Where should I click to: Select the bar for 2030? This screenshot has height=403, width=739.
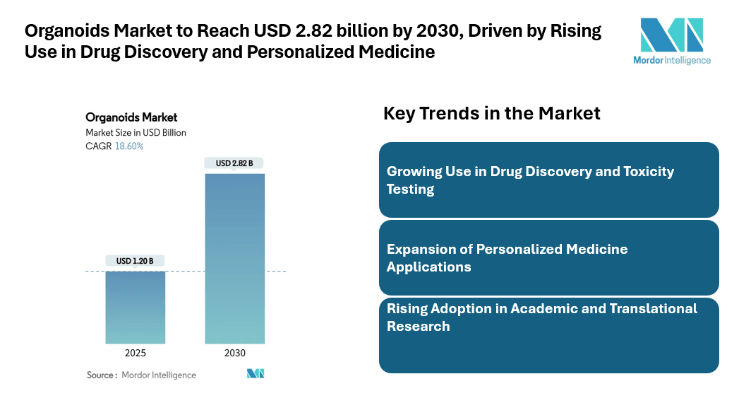(x=234, y=258)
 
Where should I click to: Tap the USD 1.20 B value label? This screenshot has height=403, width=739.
(x=135, y=261)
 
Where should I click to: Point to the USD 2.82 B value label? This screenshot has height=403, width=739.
(x=234, y=163)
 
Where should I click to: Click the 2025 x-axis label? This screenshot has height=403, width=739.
(x=135, y=354)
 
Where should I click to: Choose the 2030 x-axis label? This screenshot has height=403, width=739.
(x=234, y=354)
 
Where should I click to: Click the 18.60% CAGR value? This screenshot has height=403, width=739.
(x=129, y=146)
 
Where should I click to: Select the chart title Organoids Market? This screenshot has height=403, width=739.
(x=131, y=117)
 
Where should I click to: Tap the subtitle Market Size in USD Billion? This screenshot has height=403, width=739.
(x=136, y=132)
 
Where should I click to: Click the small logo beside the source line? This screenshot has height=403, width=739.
(x=256, y=373)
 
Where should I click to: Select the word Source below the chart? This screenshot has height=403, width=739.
(x=101, y=375)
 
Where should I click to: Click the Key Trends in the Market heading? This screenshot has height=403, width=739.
(x=491, y=113)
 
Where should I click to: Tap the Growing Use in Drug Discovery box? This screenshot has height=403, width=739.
(x=548, y=180)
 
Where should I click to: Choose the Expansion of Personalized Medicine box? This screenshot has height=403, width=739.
(x=548, y=257)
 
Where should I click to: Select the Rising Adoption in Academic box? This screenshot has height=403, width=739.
(x=548, y=335)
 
